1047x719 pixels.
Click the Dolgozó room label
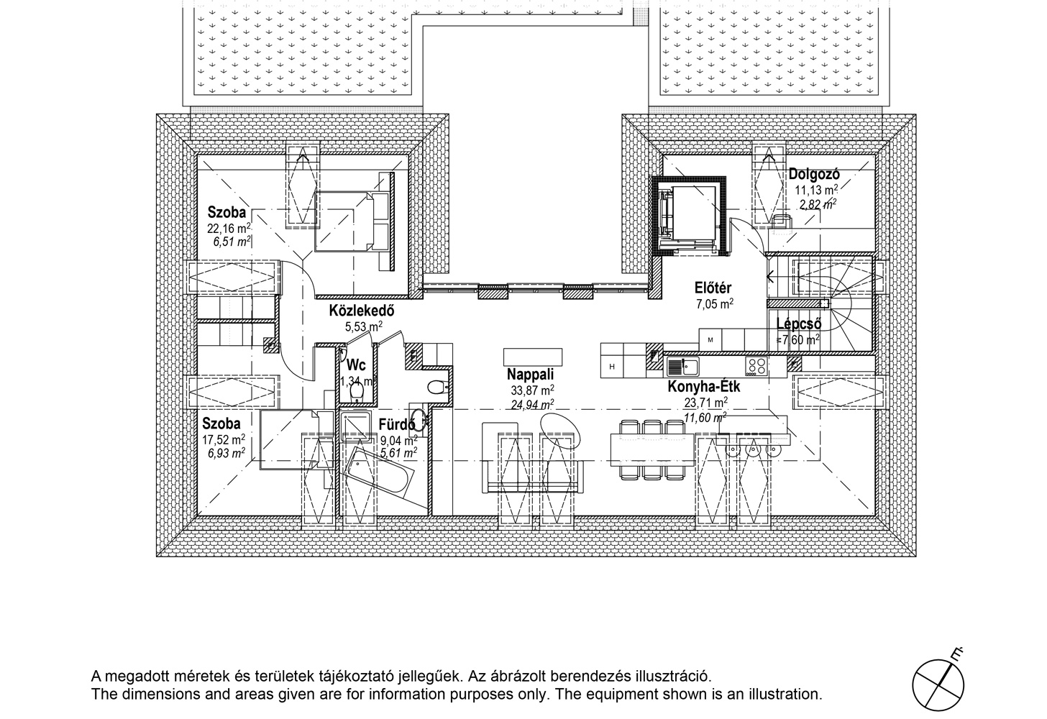(x=814, y=175)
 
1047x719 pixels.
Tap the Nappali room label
(x=530, y=375)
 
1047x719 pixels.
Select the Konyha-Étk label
(x=704, y=387)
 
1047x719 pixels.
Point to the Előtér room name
(x=713, y=288)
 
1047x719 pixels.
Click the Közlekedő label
(x=362, y=311)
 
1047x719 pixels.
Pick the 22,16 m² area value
(x=229, y=228)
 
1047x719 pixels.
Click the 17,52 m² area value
(x=224, y=439)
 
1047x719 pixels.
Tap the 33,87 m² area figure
(x=532, y=390)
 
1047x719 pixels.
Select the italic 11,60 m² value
(x=705, y=418)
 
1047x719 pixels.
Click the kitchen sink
(x=683, y=367)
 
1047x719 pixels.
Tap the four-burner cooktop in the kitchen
(x=756, y=366)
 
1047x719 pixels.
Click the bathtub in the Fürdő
(x=378, y=476)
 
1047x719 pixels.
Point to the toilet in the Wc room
(x=357, y=391)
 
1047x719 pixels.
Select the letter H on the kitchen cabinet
(x=612, y=367)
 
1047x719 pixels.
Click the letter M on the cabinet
(x=710, y=340)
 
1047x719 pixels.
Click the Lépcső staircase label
(x=798, y=324)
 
